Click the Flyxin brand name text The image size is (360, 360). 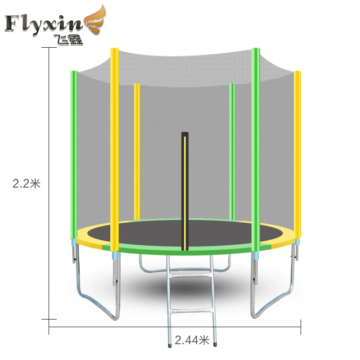pos(43,24)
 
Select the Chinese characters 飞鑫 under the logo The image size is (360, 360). pos(68,40)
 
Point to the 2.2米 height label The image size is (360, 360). pos(27,184)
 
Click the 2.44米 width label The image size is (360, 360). pos(192,340)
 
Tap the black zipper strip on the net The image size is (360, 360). pos(185,191)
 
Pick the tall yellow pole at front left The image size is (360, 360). pos(114,150)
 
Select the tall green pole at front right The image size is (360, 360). pos(256,150)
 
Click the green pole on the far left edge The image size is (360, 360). pos(74,154)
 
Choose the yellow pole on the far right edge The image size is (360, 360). pos(297,155)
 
